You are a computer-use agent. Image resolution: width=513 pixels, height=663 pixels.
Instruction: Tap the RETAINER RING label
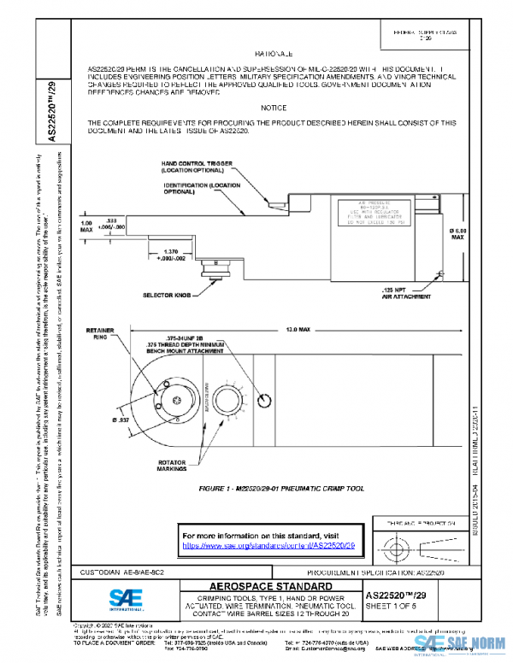[x=106, y=332]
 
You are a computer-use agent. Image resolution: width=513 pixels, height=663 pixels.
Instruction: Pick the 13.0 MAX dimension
[x=298, y=328]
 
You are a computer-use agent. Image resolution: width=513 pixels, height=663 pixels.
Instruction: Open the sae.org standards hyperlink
[x=269, y=544]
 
